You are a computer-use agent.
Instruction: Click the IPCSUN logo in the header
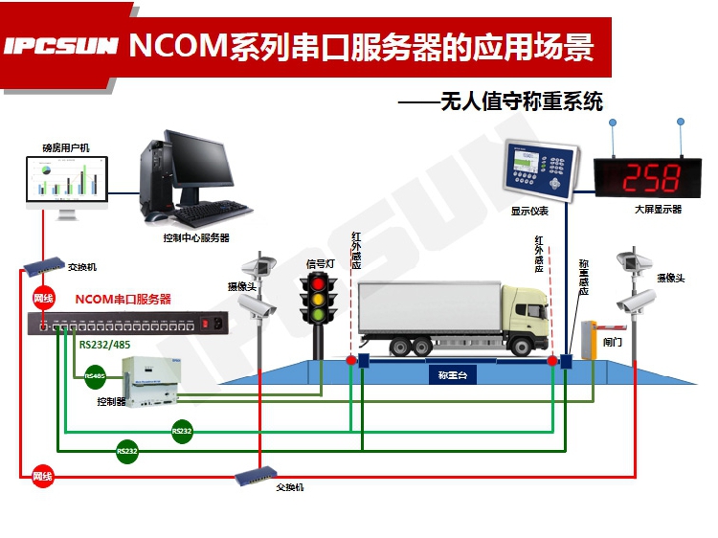click(x=60, y=46)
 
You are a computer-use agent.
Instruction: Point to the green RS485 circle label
click(x=95, y=376)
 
